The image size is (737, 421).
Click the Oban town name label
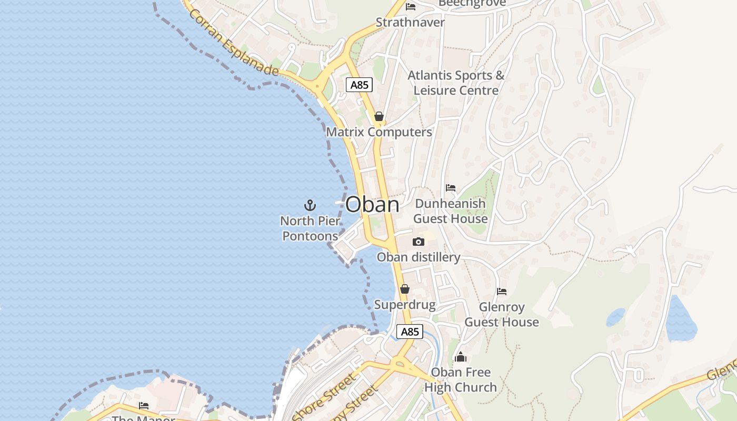(372, 204)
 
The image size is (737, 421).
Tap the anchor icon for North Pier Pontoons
(310, 205)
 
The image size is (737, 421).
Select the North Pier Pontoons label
(310, 228)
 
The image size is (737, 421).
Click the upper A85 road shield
(360, 85)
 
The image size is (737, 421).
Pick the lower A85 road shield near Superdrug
(410, 332)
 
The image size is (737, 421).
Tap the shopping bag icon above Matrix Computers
(379, 116)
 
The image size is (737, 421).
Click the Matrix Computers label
(379, 132)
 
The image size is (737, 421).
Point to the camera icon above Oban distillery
(419, 242)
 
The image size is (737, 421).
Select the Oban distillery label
(419, 257)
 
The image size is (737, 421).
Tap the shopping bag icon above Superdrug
(405, 289)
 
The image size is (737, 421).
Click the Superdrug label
(405, 305)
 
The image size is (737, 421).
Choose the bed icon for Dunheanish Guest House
(451, 187)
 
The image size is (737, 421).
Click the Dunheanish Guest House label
(451, 210)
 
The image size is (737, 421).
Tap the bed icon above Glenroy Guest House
(502, 291)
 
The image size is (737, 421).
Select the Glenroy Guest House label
(502, 314)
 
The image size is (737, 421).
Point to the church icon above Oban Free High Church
(461, 357)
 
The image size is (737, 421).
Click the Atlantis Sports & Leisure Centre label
(456, 83)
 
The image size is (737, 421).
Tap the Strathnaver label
(410, 23)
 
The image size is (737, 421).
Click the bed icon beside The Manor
(144, 406)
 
